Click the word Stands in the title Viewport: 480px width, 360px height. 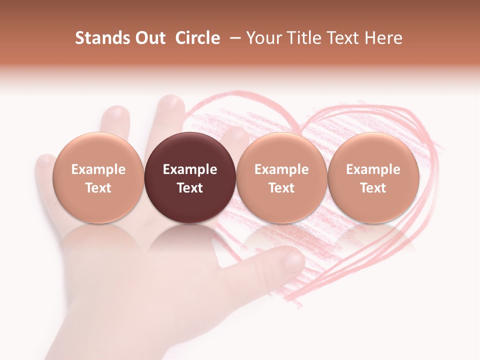[100, 38]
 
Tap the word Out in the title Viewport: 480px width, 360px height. [148, 38]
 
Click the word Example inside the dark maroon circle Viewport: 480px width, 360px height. [190, 169]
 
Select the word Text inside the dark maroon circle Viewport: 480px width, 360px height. [190, 188]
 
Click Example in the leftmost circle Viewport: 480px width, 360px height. [98, 169]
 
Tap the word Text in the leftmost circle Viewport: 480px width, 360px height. [98, 188]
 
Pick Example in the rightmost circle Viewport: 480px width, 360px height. [373, 169]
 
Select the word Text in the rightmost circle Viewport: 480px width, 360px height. [373, 188]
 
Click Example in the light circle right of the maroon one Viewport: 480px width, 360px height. [281, 169]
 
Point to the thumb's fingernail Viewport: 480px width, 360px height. [294, 259]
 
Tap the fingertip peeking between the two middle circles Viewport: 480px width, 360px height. [235, 136]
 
